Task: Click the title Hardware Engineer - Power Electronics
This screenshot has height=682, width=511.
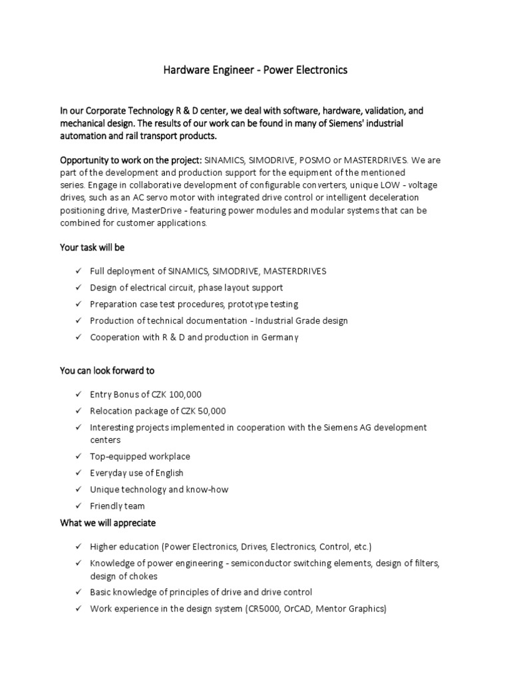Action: (255, 70)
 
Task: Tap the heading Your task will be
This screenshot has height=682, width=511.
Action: (92, 247)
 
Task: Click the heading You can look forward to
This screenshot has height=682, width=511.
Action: (107, 370)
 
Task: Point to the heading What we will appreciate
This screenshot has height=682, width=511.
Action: (108, 523)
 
